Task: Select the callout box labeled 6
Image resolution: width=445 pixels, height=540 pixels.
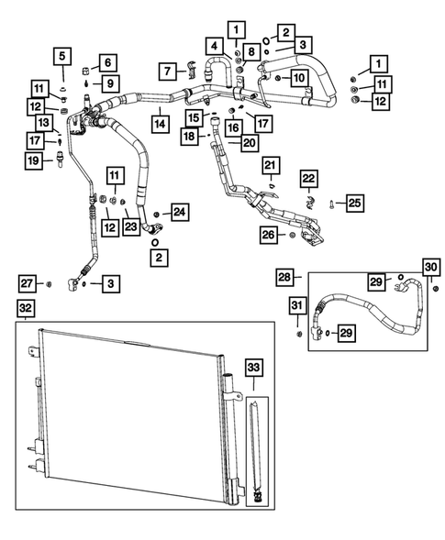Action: point(106,62)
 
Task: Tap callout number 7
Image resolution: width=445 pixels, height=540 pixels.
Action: point(167,71)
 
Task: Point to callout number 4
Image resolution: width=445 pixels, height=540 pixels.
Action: point(214,45)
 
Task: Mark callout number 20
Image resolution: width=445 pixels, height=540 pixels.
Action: point(248,142)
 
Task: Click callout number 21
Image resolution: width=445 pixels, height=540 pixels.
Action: point(271,164)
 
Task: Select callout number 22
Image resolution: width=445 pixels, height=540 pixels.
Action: point(309,177)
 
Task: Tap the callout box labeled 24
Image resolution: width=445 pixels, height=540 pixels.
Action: point(179,213)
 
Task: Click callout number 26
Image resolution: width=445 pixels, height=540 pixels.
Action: point(267,236)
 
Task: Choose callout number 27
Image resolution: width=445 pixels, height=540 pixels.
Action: point(28,281)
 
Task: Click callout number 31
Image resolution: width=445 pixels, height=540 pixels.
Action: point(297,305)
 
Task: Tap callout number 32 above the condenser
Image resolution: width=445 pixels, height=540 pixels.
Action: point(28,307)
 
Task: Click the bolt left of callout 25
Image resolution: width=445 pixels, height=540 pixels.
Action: point(330,203)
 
